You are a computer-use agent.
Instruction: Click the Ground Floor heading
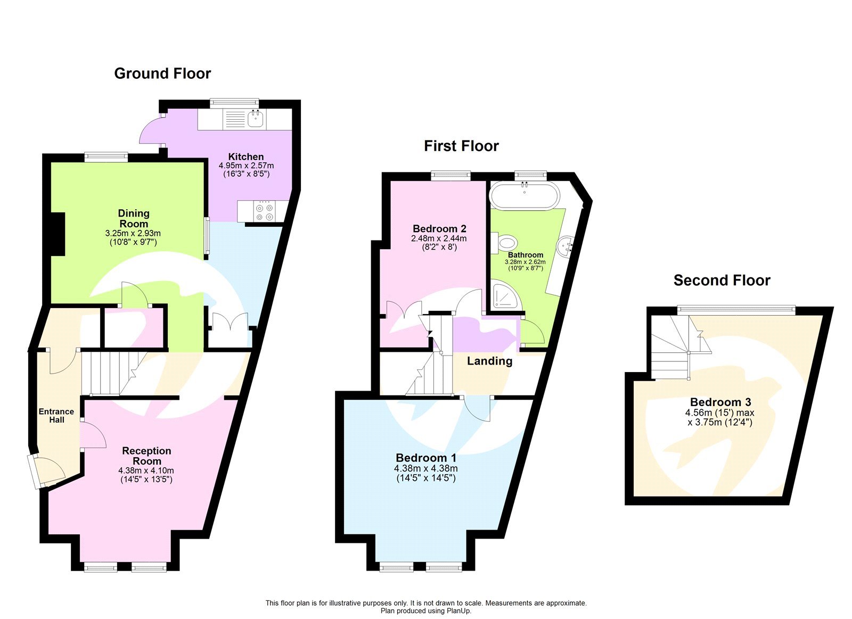(162, 73)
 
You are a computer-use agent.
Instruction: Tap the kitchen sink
(256, 119)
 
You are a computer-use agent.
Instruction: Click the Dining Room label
(134, 218)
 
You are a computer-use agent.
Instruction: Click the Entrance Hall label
(56, 415)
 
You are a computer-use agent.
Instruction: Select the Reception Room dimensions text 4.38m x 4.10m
(146, 471)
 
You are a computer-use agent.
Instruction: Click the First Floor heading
(461, 146)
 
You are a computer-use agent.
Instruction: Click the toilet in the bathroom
(506, 243)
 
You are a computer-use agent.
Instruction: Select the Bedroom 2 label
(439, 229)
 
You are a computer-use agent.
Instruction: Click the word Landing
(489, 361)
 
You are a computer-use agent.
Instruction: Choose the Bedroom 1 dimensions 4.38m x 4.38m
(425, 468)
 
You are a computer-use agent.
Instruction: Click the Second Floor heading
(722, 280)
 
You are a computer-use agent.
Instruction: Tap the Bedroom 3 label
(720, 402)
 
